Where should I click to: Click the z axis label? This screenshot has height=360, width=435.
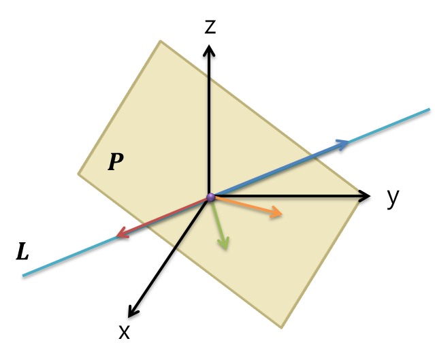coord(210,27)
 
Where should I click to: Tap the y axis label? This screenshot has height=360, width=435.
coord(393,197)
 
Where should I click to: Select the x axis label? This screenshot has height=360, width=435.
coord(124,331)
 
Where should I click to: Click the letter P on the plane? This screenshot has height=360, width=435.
coord(116,161)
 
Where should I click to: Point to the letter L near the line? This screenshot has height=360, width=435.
coord(22,252)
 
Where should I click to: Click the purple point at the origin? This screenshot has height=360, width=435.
coord(210,197)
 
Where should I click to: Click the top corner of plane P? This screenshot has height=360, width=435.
coord(161,40)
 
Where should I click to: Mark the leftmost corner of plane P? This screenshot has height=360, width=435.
coord(78,174)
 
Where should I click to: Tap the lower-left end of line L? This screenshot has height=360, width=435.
coord(23,276)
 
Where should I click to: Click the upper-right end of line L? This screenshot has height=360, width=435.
coord(430,109)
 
